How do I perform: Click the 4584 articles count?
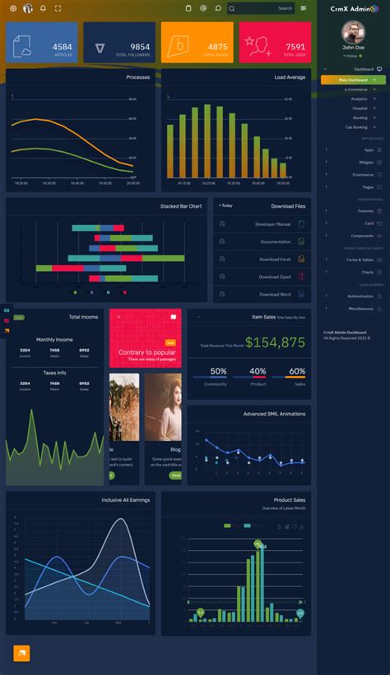(62, 47)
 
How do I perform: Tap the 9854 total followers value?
(140, 47)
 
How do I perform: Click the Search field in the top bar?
(261, 8)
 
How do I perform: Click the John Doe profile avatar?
(353, 32)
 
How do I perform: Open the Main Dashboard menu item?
(355, 80)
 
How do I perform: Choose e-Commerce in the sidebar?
(356, 89)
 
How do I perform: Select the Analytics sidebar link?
(359, 99)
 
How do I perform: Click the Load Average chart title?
(290, 77)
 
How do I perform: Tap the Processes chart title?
(137, 77)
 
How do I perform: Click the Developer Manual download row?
(272, 224)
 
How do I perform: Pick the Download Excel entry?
(275, 259)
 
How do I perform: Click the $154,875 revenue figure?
(275, 342)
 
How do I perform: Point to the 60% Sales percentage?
(297, 371)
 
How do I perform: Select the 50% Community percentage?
(218, 371)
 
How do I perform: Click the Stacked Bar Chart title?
(181, 206)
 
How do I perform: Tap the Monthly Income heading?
(54, 339)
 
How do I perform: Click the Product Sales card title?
(290, 499)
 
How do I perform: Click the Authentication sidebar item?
(360, 296)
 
